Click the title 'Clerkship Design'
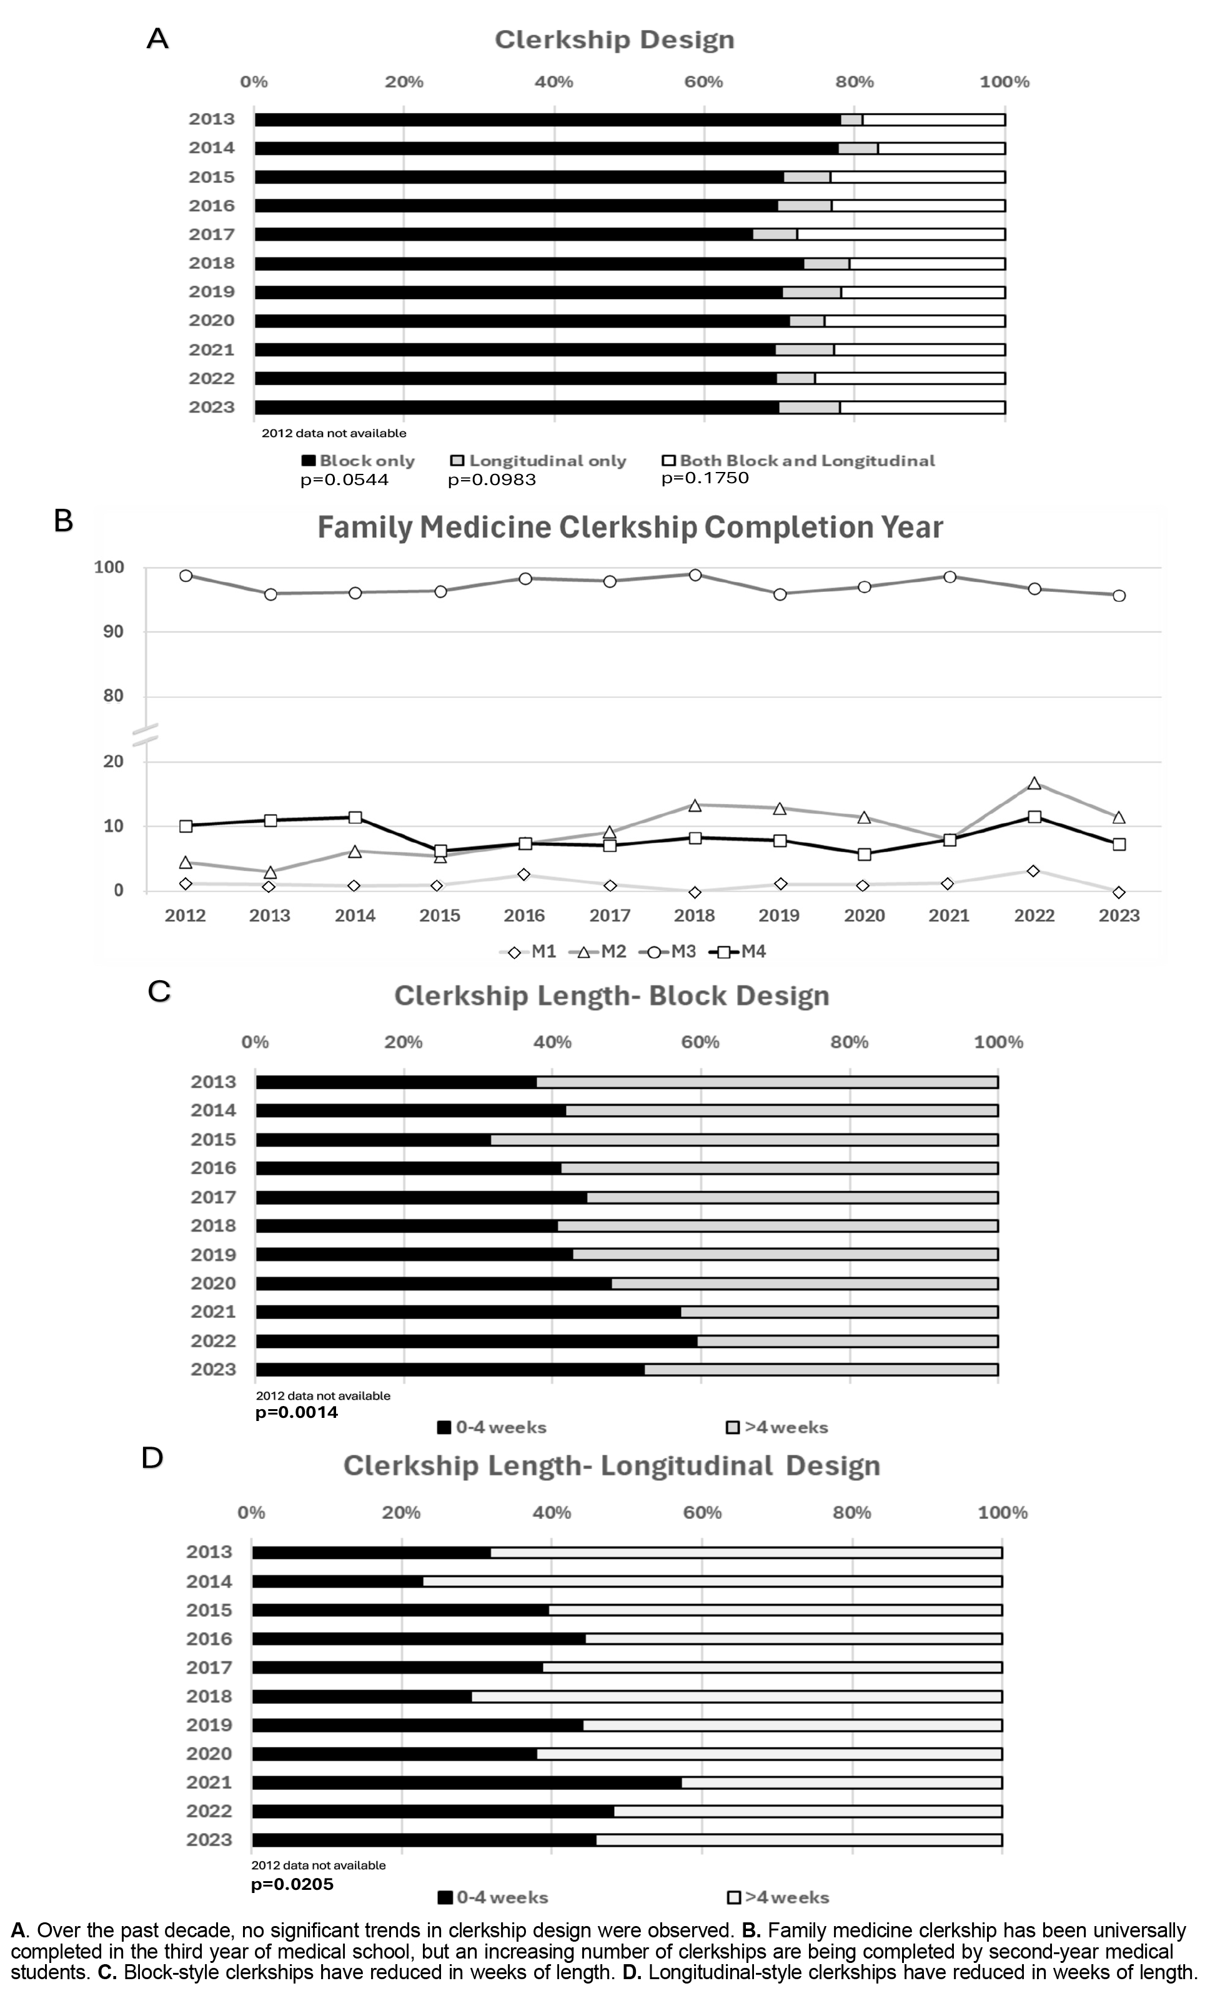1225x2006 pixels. tap(614, 40)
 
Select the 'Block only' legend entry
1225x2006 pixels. tap(359, 461)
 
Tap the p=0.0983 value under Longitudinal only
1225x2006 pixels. tap(492, 479)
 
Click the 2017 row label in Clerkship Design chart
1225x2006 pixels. tap(212, 235)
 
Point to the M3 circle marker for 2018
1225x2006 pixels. tap(695, 575)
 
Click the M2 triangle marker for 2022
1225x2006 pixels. tap(1034, 783)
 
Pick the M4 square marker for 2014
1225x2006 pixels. tap(355, 817)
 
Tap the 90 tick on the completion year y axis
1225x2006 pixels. tap(113, 632)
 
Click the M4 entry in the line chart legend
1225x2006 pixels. tap(739, 951)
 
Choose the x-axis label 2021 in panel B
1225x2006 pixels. tap(949, 915)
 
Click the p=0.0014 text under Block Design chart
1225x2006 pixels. tap(297, 1412)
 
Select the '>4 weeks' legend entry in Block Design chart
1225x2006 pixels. tap(777, 1427)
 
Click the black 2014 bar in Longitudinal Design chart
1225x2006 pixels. tap(337, 1581)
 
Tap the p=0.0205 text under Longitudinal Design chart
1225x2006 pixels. tap(292, 1884)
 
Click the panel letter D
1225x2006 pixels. tap(152, 1457)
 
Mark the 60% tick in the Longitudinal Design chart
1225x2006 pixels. tap(702, 1513)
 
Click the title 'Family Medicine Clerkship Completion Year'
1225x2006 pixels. tap(630, 528)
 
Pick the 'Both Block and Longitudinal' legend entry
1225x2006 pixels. tap(798, 461)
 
